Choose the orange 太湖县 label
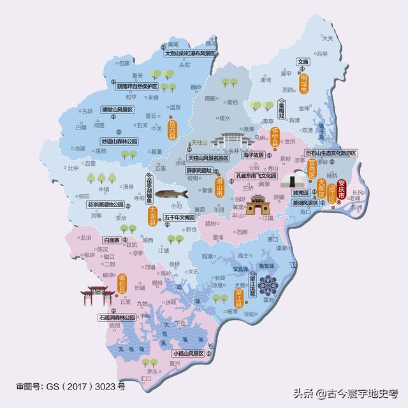[152, 213]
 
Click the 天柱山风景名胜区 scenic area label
[208, 157]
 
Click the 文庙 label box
[303, 62]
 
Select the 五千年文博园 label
[182, 217]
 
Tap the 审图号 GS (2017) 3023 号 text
[71, 386]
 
